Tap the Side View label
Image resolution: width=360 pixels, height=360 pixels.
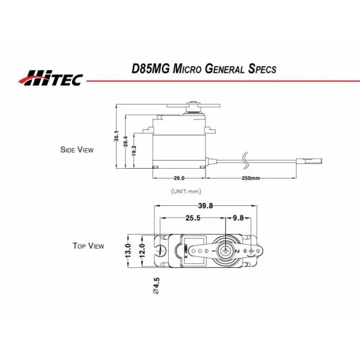[77, 150]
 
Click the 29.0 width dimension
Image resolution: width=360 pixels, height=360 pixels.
[178, 179]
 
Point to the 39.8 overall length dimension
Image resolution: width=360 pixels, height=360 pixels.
[205, 207]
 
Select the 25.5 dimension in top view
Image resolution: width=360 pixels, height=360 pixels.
[193, 218]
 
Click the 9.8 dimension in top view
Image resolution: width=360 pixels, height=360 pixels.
[238, 218]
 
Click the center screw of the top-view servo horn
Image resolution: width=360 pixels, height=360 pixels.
[227, 251]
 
